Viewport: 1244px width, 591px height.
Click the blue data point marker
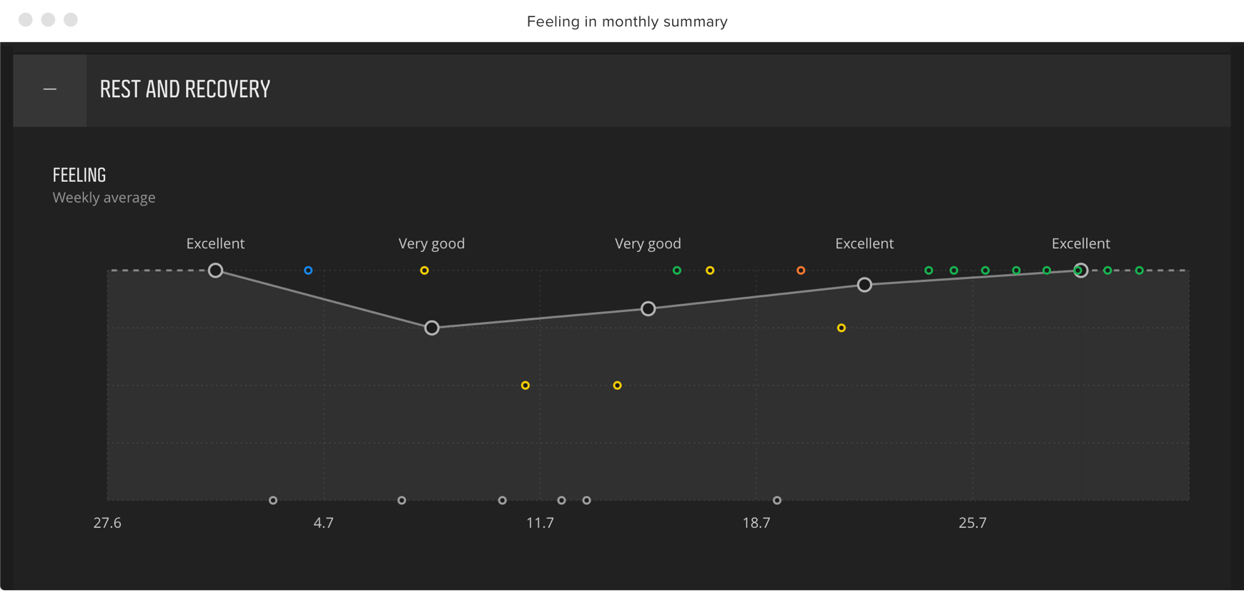(x=308, y=270)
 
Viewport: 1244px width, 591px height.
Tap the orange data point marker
(x=801, y=270)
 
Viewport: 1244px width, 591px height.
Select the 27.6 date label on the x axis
(x=107, y=523)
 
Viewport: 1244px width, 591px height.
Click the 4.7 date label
(x=323, y=523)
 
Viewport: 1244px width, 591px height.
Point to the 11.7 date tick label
(x=540, y=523)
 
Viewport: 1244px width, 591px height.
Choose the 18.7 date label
(x=756, y=523)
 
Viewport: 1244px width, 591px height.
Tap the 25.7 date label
(x=972, y=523)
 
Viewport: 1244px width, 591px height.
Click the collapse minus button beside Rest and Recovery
(x=50, y=89)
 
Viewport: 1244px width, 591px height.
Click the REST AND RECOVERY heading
(x=185, y=89)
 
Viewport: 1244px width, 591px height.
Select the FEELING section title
(x=79, y=175)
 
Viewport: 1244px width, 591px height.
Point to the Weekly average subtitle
(x=104, y=197)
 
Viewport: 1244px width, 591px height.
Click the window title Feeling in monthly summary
(x=627, y=21)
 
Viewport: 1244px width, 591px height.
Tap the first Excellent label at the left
(x=215, y=243)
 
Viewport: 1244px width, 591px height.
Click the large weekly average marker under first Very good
(x=432, y=328)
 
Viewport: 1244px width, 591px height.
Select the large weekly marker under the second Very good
(x=648, y=309)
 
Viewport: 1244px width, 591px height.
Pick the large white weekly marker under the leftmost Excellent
(x=215, y=270)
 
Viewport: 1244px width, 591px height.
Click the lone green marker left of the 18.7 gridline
(x=677, y=270)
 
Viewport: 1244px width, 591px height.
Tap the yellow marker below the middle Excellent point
(x=841, y=328)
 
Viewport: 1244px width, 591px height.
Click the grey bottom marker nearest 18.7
(x=777, y=500)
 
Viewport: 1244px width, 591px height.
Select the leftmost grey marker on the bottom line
(x=273, y=500)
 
